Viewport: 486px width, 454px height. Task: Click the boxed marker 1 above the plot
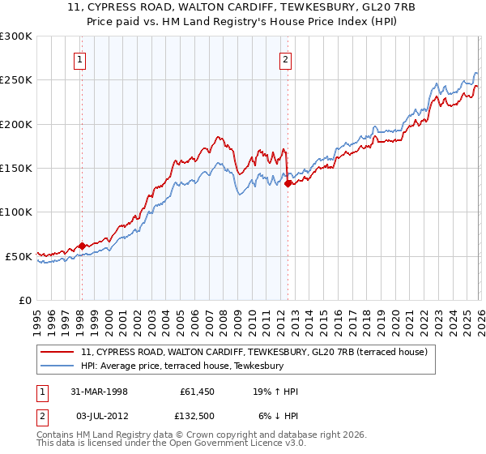point(81,58)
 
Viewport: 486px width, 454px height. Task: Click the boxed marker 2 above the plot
point(287,58)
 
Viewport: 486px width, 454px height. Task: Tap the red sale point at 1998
point(82,246)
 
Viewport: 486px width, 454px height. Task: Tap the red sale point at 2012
point(288,183)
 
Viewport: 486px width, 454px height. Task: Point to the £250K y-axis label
point(16,80)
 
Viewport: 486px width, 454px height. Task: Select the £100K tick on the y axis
point(16,212)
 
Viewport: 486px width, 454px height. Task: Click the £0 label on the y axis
point(24,300)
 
